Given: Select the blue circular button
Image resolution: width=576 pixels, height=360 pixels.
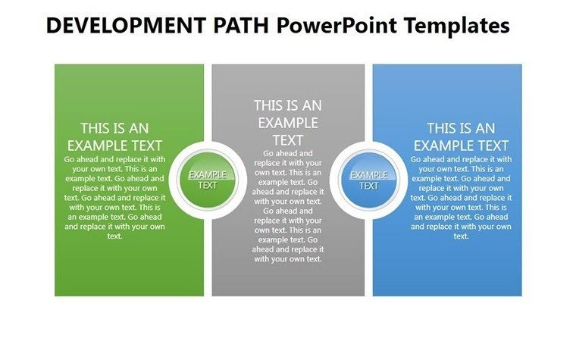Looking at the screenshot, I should pyautogui.click(x=369, y=180).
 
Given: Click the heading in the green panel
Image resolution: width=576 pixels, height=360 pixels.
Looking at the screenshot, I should pyautogui.click(x=114, y=137).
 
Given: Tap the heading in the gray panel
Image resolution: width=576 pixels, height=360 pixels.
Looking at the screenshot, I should pyautogui.click(x=287, y=122).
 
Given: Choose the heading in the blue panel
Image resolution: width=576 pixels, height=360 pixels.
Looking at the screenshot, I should pyautogui.click(x=461, y=137).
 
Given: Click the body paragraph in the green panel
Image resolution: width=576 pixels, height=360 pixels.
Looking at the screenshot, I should pyautogui.click(x=114, y=197).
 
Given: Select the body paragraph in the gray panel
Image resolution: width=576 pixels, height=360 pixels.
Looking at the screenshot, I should pyautogui.click(x=287, y=205).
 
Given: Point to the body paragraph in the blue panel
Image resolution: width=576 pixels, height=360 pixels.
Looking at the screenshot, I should pyautogui.click(x=461, y=197).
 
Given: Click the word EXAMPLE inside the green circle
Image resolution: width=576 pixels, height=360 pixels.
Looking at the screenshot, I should pyautogui.click(x=207, y=175).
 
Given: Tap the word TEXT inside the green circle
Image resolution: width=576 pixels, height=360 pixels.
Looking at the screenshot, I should pyautogui.click(x=207, y=186).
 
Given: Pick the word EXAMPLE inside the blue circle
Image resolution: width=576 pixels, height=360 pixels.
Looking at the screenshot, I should pyautogui.click(x=369, y=175).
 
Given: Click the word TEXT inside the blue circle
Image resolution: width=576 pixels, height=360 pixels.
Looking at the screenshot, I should pyautogui.click(x=369, y=186).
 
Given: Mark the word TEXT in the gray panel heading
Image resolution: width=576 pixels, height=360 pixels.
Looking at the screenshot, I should pyautogui.click(x=287, y=140).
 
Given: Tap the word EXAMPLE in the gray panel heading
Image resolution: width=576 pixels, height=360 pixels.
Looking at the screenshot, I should pyautogui.click(x=287, y=123).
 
